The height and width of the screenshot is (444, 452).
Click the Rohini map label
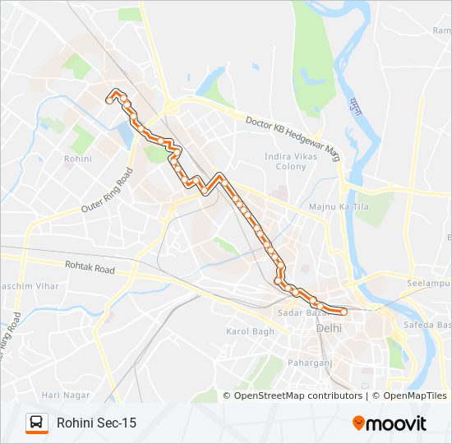click(77, 158)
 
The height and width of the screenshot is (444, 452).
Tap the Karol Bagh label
click(250, 331)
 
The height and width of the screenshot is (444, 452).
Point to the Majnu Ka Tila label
click(339, 206)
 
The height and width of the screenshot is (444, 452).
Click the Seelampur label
click(429, 283)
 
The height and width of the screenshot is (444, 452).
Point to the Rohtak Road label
click(90, 268)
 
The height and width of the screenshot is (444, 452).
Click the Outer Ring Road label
click(107, 192)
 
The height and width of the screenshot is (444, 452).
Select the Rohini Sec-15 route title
click(96, 423)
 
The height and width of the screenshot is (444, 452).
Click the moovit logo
click(390, 423)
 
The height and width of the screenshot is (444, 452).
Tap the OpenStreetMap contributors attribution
click(297, 395)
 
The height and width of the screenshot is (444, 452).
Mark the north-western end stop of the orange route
click(109, 99)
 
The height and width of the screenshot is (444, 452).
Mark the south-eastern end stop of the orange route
click(343, 312)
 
